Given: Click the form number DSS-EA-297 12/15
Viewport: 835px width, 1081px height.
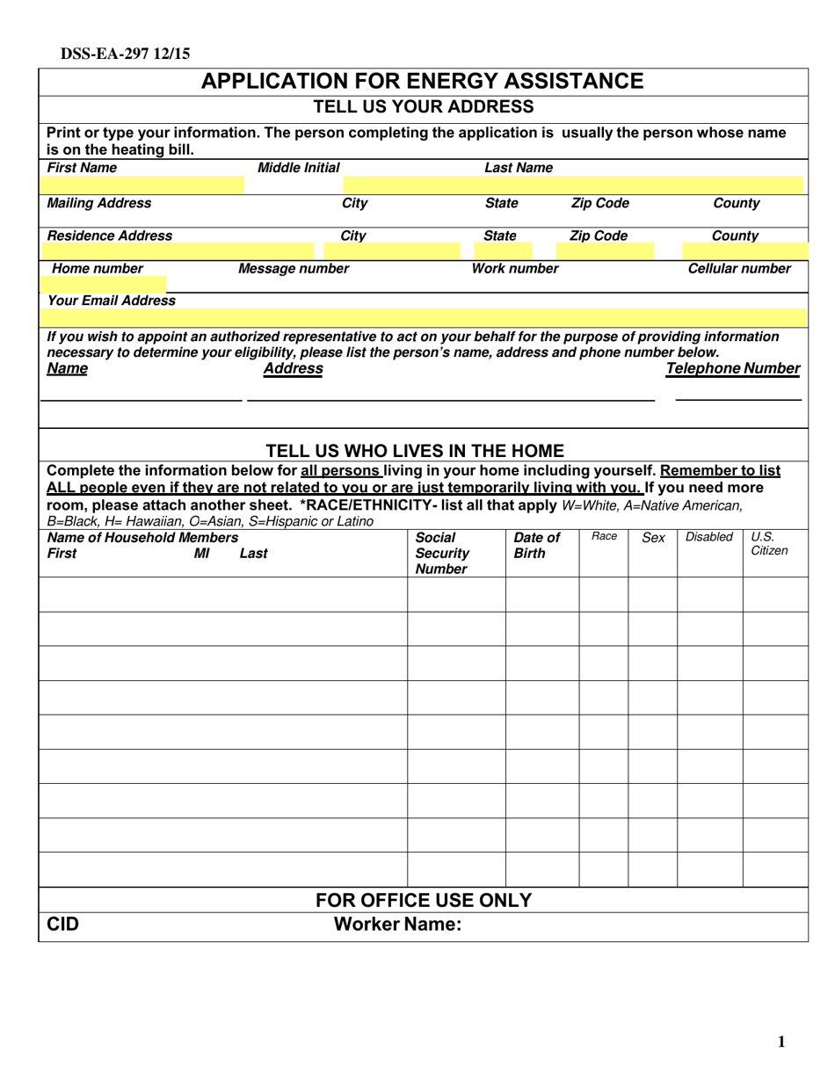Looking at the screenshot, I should click(125, 54).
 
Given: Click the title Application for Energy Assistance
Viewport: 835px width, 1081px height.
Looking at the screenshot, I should click(423, 82).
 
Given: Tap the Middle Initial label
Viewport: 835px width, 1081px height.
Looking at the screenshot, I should click(298, 168).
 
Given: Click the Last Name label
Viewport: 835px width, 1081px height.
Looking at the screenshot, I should click(519, 168).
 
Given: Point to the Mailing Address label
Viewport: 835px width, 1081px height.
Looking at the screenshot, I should click(98, 203).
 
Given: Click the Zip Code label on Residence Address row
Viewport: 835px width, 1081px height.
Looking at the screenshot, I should click(599, 236).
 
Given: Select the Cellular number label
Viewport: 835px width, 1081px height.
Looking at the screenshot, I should click(738, 269).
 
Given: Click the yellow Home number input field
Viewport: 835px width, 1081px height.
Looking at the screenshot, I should click(103, 284).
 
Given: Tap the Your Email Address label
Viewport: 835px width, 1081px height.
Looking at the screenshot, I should click(111, 301).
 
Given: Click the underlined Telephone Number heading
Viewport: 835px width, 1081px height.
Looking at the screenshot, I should click(732, 368).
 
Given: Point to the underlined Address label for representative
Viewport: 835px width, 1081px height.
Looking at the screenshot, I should click(293, 368).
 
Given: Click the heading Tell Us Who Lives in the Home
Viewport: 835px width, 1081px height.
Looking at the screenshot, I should click(415, 451).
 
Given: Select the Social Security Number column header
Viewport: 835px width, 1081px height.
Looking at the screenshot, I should click(442, 553).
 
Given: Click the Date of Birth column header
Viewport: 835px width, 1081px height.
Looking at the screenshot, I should click(536, 545).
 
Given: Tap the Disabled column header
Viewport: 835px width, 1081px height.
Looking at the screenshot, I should click(708, 537).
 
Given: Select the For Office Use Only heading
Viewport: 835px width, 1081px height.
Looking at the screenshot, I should click(424, 900).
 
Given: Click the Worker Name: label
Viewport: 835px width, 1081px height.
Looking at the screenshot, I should click(397, 925).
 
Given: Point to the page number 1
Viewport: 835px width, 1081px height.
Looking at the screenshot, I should click(781, 1042).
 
